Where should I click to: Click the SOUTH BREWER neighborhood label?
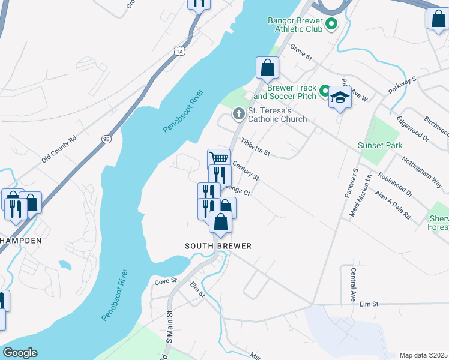pyautogui.click(x=218, y=246)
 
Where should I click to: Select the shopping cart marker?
pyautogui.click(x=219, y=158)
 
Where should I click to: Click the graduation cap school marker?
pyautogui.click(x=340, y=97)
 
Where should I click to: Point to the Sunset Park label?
pyautogui.click(x=379, y=146)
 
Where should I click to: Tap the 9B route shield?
pyautogui.click(x=106, y=139)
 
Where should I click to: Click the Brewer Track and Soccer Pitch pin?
pyautogui.click(x=324, y=91)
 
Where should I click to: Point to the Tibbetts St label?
pyautogui.click(x=255, y=147)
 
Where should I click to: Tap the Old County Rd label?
pyautogui.click(x=59, y=150)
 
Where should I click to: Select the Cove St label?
pyautogui.click(x=166, y=280)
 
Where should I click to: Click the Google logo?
pyautogui.click(x=19, y=353)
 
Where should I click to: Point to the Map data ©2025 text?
pyautogui.click(x=423, y=355)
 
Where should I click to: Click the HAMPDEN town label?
pyautogui.click(x=20, y=240)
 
